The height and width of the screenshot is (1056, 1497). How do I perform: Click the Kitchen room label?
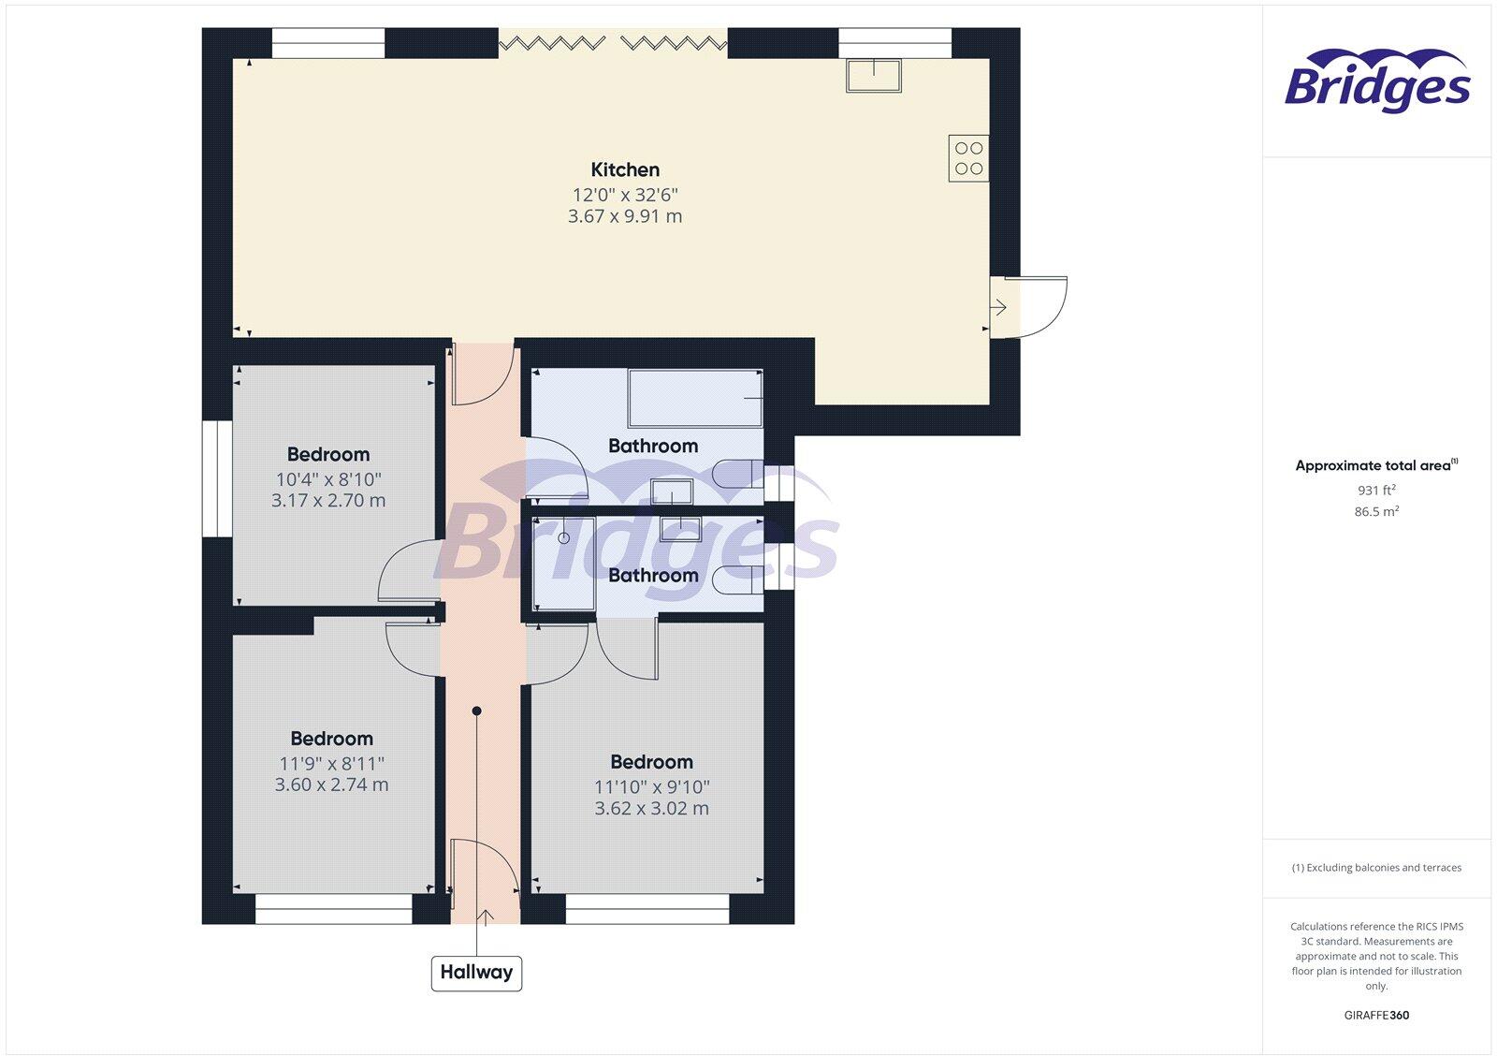[x=625, y=169]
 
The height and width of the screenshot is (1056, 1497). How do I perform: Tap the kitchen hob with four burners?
[x=968, y=158]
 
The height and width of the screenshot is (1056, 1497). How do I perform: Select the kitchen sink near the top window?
[x=873, y=75]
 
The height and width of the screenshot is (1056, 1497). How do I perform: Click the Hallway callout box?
[x=476, y=973]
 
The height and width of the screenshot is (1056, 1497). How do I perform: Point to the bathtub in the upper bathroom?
[x=695, y=399]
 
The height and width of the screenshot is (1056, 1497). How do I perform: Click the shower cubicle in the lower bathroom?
[x=563, y=563]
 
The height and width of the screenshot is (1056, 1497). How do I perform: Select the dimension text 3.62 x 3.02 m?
[x=651, y=808]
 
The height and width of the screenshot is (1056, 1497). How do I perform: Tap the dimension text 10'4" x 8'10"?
[x=327, y=478]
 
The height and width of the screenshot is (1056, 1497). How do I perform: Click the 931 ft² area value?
[x=1376, y=490]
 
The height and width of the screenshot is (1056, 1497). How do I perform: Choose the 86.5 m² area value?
[x=1376, y=511]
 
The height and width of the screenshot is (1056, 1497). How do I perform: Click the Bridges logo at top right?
[x=1376, y=82]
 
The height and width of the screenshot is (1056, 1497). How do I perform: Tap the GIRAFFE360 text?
[x=1376, y=1015]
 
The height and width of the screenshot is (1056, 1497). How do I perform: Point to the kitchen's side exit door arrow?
[x=999, y=306]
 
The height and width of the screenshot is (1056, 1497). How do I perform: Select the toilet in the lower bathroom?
[x=736, y=579]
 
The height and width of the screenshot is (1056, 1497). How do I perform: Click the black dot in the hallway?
[x=476, y=711]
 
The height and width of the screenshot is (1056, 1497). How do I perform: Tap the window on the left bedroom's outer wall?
[x=217, y=478]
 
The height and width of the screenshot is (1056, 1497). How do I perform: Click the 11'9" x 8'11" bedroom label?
[x=331, y=763]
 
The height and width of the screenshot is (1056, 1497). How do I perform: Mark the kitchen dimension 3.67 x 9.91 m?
[x=625, y=216]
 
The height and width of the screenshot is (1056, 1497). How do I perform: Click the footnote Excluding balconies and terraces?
[x=1376, y=868]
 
